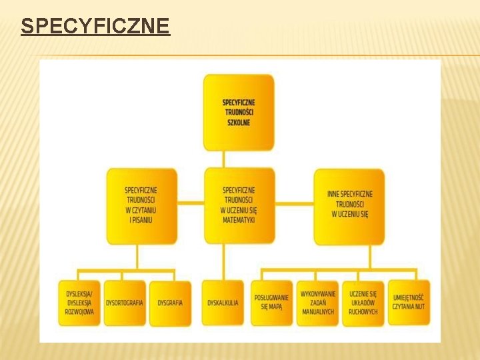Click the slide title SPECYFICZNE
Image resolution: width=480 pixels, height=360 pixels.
pos(95,27)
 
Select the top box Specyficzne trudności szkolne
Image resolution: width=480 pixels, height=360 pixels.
pos(239,112)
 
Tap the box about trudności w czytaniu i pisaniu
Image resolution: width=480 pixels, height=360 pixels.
pos(141,205)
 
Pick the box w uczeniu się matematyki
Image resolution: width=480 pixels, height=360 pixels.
pos(239,205)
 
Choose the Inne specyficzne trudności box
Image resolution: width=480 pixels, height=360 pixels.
pos(349,205)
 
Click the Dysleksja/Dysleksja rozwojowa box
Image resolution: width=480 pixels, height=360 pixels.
pos(79,303)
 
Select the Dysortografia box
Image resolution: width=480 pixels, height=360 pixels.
pos(125,303)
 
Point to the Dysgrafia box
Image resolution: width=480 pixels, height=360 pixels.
pos(170,303)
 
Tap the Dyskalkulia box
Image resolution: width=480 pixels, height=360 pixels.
pos(223,303)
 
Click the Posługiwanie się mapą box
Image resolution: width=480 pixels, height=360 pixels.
pos(271,303)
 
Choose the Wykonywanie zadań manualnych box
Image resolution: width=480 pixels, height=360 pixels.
pos(317,303)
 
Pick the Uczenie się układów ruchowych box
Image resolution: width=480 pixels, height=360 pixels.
pos(363,303)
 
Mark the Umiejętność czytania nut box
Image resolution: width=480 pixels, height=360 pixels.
pos(409,303)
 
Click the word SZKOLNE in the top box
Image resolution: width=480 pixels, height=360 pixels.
pos(239,123)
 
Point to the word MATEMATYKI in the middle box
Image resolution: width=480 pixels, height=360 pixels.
pos(239,219)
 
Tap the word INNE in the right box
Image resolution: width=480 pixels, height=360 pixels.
pos(333,195)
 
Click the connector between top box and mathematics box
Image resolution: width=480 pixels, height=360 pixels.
pos(224,159)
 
